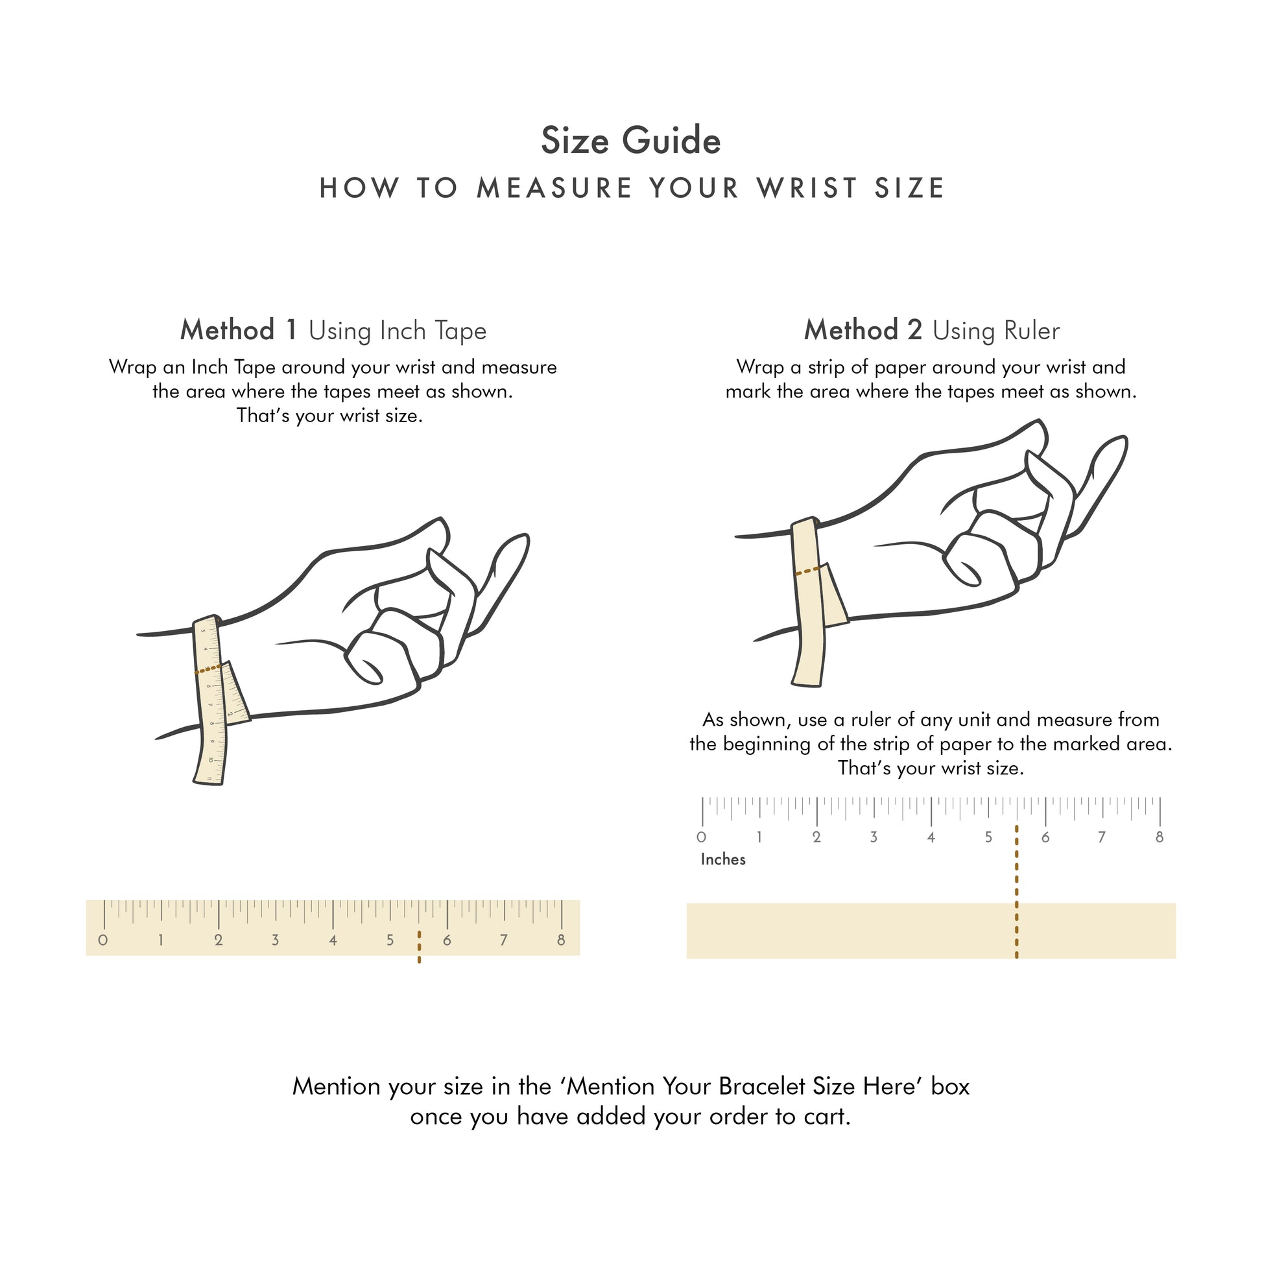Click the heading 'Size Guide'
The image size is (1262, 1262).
click(630, 141)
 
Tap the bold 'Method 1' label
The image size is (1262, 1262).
click(239, 331)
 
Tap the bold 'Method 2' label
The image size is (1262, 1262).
click(863, 331)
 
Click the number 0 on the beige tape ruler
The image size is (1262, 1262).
click(102, 940)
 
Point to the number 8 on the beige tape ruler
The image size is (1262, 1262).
click(560, 940)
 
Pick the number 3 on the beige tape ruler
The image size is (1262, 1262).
click(275, 940)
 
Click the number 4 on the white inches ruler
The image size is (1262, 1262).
click(930, 837)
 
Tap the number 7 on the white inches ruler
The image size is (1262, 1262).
click(1101, 837)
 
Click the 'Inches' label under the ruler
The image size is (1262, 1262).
click(722, 860)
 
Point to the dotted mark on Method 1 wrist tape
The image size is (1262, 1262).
click(208, 669)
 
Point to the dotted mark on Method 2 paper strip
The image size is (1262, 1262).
click(807, 571)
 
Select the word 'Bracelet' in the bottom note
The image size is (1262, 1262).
click(761, 1086)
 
